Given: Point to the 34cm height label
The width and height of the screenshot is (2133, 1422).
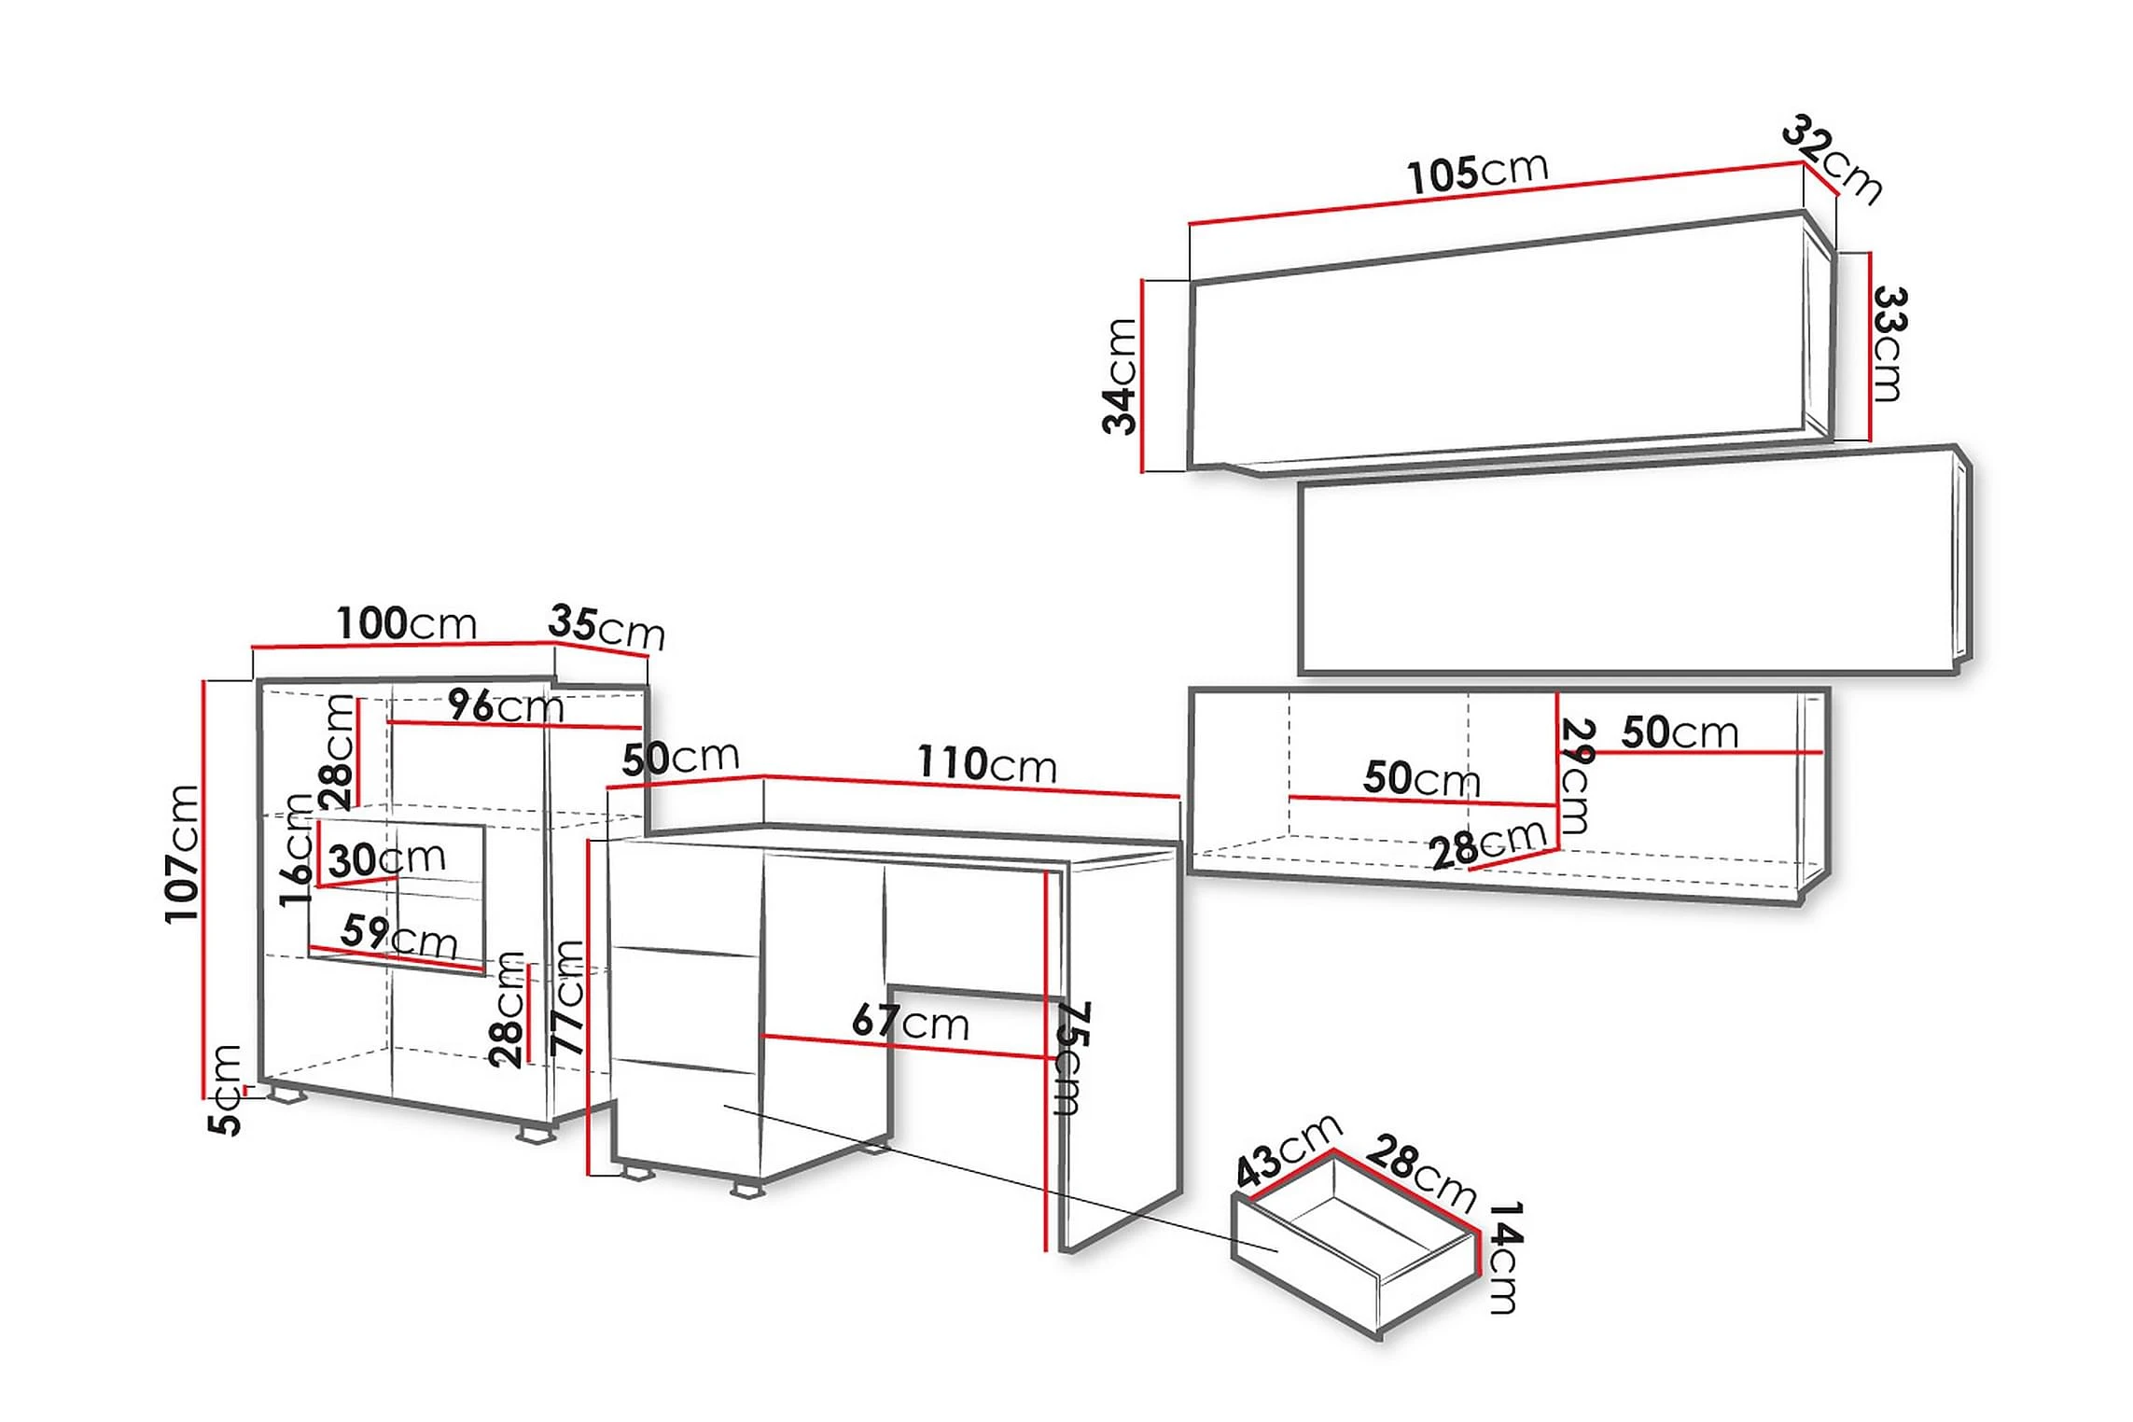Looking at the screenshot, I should click(x=1120, y=376).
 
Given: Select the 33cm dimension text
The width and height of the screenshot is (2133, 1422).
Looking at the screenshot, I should click(x=1889, y=344).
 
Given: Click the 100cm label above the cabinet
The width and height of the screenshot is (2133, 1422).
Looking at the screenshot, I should click(x=407, y=623).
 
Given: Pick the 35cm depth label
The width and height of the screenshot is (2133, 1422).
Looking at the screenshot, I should click(x=606, y=626).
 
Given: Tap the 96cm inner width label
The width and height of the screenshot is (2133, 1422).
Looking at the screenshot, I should click(x=506, y=706).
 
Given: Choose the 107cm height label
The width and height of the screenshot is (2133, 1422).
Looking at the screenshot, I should click(x=182, y=854).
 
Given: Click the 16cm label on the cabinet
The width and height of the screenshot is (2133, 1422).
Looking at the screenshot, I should click(x=297, y=849).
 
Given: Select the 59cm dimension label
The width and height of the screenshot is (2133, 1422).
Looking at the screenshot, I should click(x=399, y=936).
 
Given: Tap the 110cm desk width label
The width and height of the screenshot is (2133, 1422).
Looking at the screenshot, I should click(x=986, y=764).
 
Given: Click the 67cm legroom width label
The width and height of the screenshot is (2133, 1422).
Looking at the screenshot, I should click(x=910, y=1022).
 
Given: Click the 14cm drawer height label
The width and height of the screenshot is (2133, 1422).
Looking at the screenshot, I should click(x=1502, y=1257).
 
